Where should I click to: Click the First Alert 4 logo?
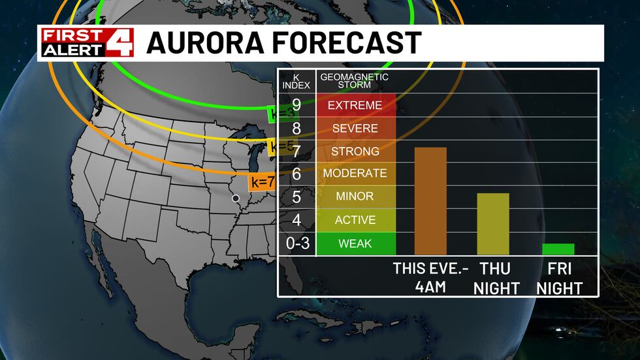click(87, 42)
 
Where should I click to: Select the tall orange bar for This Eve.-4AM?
click(430, 201)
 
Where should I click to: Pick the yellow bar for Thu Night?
click(493, 223)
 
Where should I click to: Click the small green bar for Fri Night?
click(558, 249)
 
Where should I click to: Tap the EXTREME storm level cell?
click(356, 105)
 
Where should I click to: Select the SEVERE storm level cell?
click(356, 128)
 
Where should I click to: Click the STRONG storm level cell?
click(356, 152)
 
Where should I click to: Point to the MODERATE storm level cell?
click(356, 174)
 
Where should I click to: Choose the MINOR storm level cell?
click(356, 197)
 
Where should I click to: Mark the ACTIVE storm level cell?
click(356, 220)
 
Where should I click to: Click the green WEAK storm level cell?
click(356, 244)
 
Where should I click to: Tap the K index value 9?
click(296, 105)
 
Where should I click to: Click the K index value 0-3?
click(296, 244)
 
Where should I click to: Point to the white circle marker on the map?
click(236, 197)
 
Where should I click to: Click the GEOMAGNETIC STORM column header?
click(354, 80)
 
